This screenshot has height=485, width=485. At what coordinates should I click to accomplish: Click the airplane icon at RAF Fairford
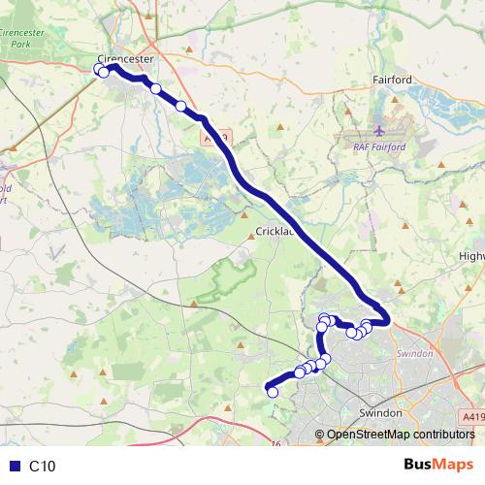(x=379, y=128)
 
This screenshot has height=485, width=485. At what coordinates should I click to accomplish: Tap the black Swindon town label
(x=381, y=413)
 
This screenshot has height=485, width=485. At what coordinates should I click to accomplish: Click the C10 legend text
(x=43, y=466)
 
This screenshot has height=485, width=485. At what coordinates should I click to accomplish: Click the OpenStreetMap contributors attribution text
(x=401, y=434)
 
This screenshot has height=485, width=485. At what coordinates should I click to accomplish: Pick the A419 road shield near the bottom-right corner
(x=472, y=415)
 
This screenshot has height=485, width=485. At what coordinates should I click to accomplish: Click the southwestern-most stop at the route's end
(x=273, y=392)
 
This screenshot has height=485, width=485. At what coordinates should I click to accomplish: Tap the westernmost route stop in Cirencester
(x=98, y=68)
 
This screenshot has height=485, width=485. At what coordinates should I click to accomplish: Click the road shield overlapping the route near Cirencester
(x=215, y=140)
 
